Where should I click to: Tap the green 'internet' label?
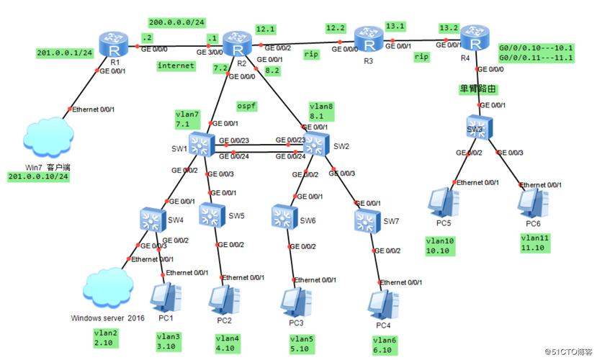click(176, 66)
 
